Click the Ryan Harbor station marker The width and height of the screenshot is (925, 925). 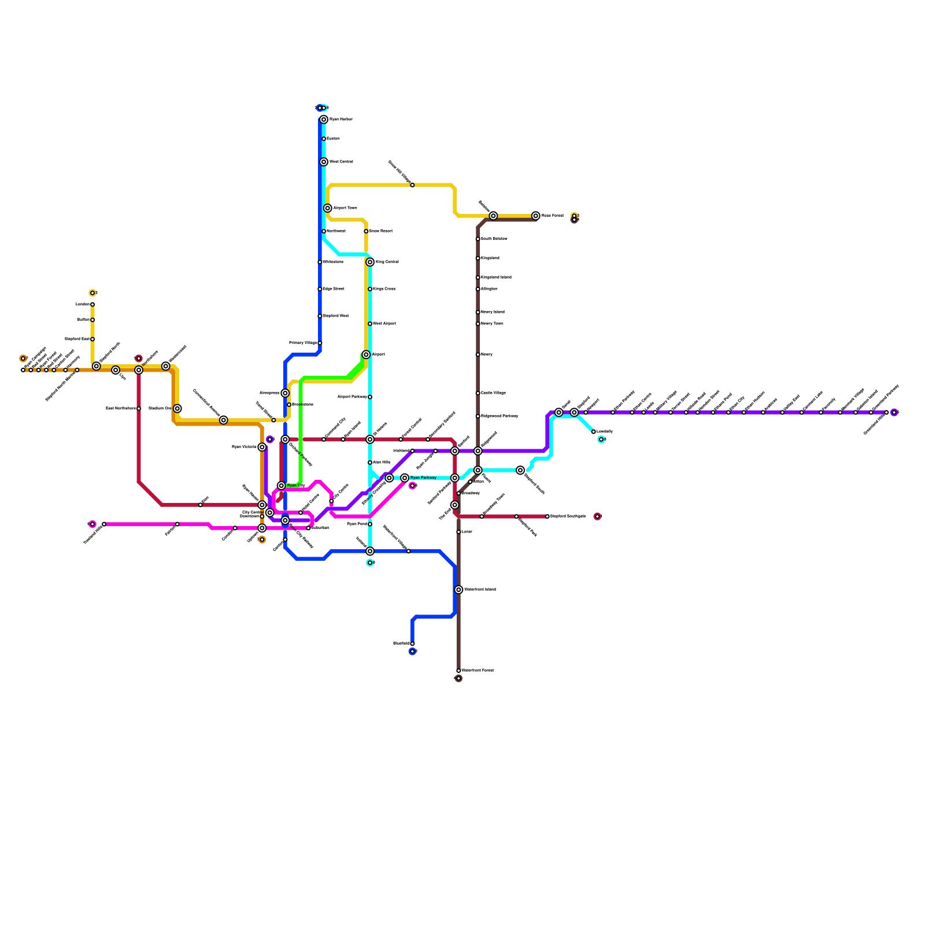point(324,120)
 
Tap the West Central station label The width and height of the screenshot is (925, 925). point(341,162)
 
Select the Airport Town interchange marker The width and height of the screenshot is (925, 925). point(328,208)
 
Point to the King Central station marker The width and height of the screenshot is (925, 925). point(370,262)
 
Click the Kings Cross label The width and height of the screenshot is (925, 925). point(384,289)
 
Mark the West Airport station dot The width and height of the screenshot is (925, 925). point(370,324)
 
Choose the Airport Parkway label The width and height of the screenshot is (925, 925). point(352,397)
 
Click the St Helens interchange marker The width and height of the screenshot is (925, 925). point(370,439)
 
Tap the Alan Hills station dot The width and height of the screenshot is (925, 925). point(370,462)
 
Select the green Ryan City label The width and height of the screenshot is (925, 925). point(296,486)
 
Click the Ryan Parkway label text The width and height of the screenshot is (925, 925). point(423,478)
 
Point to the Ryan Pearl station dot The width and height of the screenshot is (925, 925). point(370,524)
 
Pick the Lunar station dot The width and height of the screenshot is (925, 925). point(458,532)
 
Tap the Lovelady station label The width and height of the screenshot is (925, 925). point(605,432)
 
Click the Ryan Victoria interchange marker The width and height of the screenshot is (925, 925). point(262,447)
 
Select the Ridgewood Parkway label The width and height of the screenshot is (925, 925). point(499,416)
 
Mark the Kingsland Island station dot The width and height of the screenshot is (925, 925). point(478,277)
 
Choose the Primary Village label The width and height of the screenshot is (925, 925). point(303,343)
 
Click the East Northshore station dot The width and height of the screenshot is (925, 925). point(139,409)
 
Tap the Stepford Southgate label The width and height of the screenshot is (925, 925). point(568,516)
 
